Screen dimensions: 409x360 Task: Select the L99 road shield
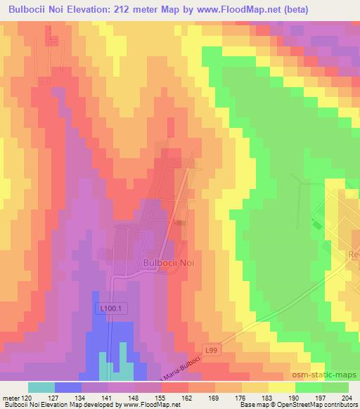click(212, 349)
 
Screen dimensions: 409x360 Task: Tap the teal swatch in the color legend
click(41, 387)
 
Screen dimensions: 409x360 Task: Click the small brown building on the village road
click(181, 223)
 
